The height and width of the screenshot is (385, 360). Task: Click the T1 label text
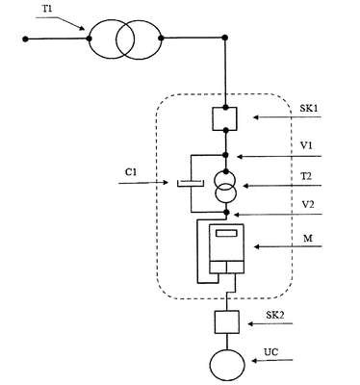[48, 9]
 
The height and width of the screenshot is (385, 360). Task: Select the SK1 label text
[309, 108]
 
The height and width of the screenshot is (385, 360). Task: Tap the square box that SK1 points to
[224, 118]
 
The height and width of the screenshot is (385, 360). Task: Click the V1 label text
[306, 146]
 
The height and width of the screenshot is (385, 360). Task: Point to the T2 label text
[306, 176]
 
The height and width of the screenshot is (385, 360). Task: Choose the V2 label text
[307, 204]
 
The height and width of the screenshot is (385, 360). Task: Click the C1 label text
[131, 172]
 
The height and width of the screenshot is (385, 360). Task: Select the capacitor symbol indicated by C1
[190, 183]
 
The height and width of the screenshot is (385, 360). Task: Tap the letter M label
[308, 239]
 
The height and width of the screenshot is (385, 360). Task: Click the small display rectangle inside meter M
[226, 233]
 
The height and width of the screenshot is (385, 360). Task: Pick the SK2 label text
[275, 315]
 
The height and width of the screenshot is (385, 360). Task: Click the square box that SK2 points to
[226, 321]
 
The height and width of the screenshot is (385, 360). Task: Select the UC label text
[271, 352]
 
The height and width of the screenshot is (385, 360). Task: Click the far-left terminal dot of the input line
[25, 39]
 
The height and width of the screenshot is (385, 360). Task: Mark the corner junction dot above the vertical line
[225, 38]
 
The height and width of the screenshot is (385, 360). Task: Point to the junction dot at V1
[225, 155]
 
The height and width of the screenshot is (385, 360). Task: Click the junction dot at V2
[226, 212]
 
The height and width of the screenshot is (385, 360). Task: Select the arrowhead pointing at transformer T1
[82, 28]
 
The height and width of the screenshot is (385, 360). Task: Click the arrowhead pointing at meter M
[257, 246]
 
